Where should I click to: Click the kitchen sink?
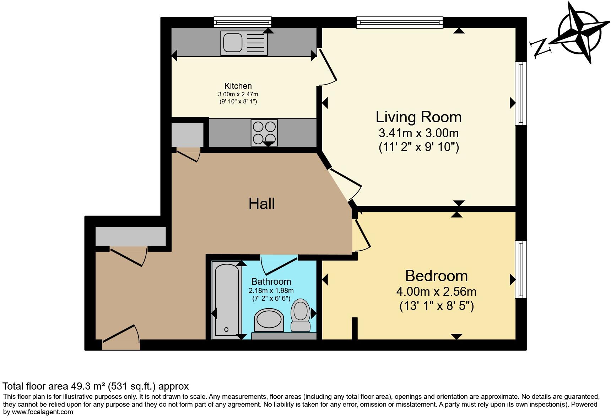(244, 43)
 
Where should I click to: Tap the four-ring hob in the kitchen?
(264, 133)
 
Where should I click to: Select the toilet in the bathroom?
(301, 315)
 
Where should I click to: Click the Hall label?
(262, 204)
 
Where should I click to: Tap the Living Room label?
(419, 117)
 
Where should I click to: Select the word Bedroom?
(437, 276)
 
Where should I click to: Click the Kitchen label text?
(238, 86)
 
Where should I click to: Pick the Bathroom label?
(271, 282)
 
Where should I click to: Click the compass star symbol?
(580, 33)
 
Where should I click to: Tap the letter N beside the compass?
(539, 48)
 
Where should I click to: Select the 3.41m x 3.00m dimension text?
(419, 133)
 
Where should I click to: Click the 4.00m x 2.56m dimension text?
(437, 292)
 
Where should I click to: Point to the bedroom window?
(521, 269)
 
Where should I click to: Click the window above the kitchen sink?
(243, 22)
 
